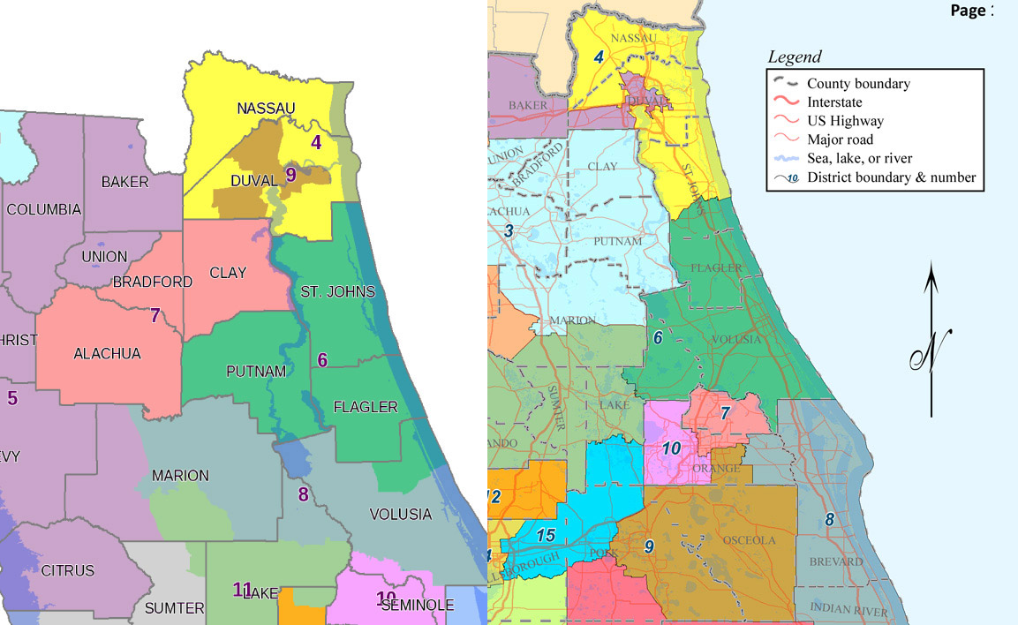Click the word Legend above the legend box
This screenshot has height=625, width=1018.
(x=795, y=57)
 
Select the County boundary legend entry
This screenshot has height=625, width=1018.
(x=858, y=84)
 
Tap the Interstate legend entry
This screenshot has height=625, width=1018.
(x=833, y=102)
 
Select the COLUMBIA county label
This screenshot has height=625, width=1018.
(x=43, y=210)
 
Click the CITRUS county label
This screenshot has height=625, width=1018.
(x=67, y=571)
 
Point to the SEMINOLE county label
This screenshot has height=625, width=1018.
(x=418, y=606)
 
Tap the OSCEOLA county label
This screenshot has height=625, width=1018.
(x=749, y=540)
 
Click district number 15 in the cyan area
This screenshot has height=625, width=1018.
(x=546, y=534)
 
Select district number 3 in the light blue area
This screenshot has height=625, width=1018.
(x=509, y=231)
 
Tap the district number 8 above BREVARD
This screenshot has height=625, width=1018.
(x=829, y=520)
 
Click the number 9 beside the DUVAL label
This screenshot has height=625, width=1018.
(x=290, y=175)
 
